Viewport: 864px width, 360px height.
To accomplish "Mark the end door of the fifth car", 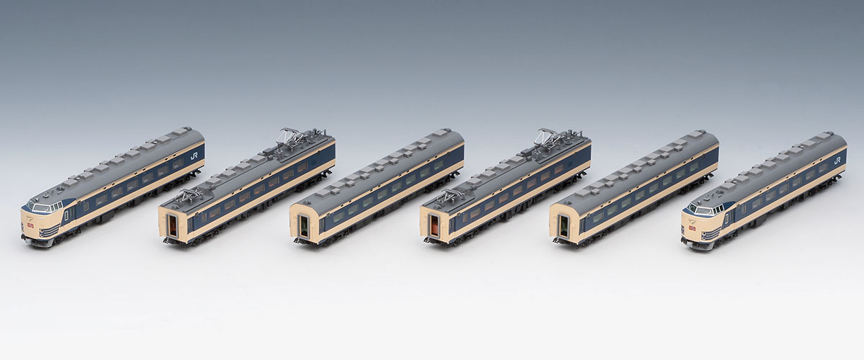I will (x=563, y=227).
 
